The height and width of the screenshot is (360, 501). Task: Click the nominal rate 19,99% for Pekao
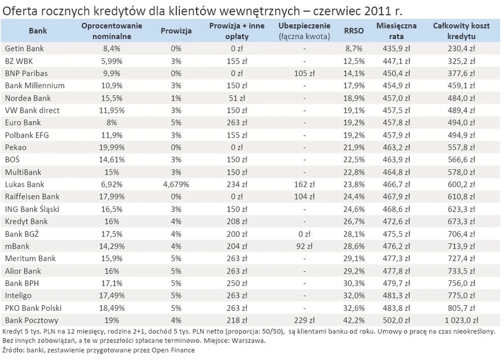click(111, 147)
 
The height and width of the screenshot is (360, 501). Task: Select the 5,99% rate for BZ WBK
click(111, 60)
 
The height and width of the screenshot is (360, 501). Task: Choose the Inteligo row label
click(18, 295)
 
